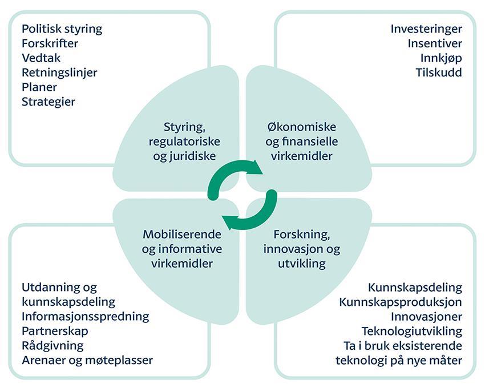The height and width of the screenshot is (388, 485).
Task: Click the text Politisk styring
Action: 62,29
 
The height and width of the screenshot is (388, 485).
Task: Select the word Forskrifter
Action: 50,43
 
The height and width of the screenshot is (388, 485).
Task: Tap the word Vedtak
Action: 41,58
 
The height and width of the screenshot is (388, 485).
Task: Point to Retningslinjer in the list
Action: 59,73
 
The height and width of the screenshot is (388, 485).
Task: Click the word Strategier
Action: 48,102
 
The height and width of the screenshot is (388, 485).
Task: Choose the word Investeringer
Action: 426,29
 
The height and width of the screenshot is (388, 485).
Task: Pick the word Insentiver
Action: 435,43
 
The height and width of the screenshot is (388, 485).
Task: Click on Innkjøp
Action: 441,58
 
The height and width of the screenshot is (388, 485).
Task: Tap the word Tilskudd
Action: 439,73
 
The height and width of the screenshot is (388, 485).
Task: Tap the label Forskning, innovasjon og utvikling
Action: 302,249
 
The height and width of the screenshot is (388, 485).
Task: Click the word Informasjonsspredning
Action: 86,316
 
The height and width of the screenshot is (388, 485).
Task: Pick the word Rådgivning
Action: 52,345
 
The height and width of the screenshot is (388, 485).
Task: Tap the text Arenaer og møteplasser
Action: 87,360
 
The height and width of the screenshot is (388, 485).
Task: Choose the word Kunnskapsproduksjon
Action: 400,302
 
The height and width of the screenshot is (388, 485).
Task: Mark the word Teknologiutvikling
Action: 411,331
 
